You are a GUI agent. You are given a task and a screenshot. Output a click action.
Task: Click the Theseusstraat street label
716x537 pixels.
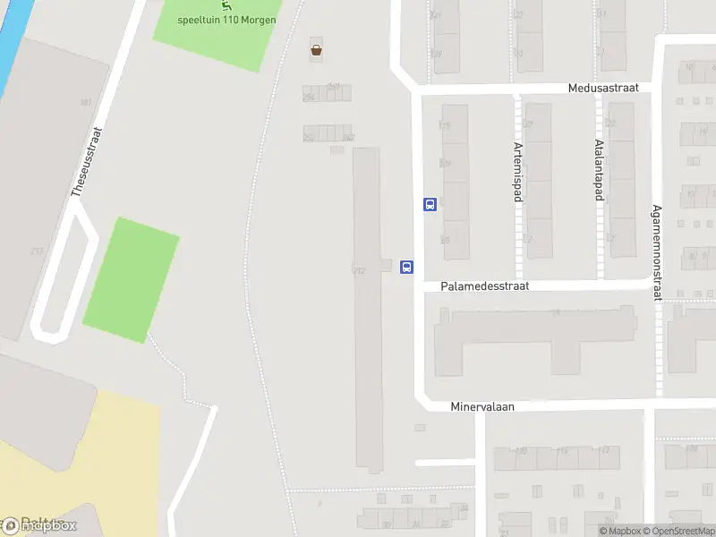click(87, 161)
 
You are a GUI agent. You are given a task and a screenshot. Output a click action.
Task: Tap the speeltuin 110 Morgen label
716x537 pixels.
click(227, 19)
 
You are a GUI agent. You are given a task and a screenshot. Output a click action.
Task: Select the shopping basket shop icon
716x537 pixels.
click(316, 50)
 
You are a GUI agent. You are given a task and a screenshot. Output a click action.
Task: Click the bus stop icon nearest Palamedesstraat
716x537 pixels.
click(406, 267)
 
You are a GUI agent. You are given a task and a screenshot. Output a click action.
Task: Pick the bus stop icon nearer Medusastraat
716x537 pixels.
click(430, 204)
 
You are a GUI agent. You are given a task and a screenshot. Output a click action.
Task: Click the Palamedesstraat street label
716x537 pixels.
click(484, 286)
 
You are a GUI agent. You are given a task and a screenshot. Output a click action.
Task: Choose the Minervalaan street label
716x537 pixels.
click(482, 406)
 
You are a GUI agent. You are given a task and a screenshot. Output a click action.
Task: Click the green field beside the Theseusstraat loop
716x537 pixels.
click(131, 280)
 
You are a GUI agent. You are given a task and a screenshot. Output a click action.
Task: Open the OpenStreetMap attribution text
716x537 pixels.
click(677, 532)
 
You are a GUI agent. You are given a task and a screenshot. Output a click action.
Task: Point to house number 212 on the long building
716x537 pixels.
click(360, 269)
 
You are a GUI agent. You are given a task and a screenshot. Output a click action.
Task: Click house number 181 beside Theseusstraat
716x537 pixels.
click(86, 103)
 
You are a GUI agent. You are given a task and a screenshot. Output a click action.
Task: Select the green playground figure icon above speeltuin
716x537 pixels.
click(212, 4)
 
